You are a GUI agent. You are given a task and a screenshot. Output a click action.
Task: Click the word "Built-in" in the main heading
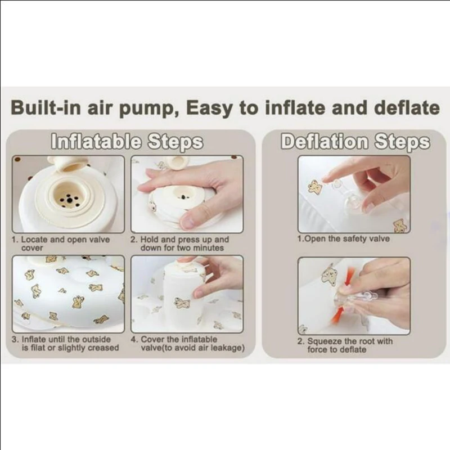click(46, 107)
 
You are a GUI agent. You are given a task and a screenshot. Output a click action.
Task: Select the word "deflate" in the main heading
click(407, 107)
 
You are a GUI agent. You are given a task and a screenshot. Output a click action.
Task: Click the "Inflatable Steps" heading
click(127, 141)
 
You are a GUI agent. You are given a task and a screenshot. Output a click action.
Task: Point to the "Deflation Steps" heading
click(355, 141)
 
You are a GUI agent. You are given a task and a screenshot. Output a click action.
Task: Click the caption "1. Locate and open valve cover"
click(61, 244)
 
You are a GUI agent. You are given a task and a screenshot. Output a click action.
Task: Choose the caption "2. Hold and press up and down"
click(180, 244)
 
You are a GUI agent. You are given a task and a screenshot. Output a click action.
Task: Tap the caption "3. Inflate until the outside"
click(65, 343)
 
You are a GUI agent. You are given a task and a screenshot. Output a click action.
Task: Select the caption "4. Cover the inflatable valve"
click(188, 343)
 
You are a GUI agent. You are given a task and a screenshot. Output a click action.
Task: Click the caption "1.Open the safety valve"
click(344, 238)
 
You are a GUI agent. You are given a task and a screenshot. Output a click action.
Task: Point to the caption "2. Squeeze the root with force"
click(345, 345)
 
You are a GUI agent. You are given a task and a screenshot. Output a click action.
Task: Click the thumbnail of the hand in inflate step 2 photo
click(188, 221)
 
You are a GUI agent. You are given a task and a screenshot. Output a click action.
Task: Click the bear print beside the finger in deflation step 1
click(315, 187)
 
